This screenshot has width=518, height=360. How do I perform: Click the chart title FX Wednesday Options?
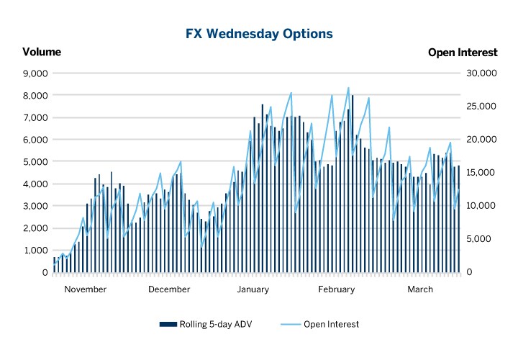click(x=259, y=34)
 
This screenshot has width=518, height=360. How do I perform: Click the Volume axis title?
click(x=42, y=52)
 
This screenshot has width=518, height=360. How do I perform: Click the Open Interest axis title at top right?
click(x=463, y=52)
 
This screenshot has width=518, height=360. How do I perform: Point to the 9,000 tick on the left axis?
click(x=35, y=73)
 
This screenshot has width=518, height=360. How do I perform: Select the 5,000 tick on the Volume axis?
click(x=35, y=162)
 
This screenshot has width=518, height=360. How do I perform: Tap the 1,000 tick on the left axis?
click(x=35, y=251)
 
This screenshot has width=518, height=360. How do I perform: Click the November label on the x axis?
click(x=86, y=289)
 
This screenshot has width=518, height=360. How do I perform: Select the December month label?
click(x=169, y=289)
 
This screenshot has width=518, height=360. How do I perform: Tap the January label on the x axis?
click(x=253, y=289)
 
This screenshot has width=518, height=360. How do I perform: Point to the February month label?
click(x=336, y=289)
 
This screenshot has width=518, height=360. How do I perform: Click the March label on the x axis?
click(x=420, y=289)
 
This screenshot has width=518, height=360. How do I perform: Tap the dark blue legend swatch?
click(x=168, y=324)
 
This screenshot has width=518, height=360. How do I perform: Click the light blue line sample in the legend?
click(x=289, y=324)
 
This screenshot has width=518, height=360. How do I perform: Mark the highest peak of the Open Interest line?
click(x=348, y=88)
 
